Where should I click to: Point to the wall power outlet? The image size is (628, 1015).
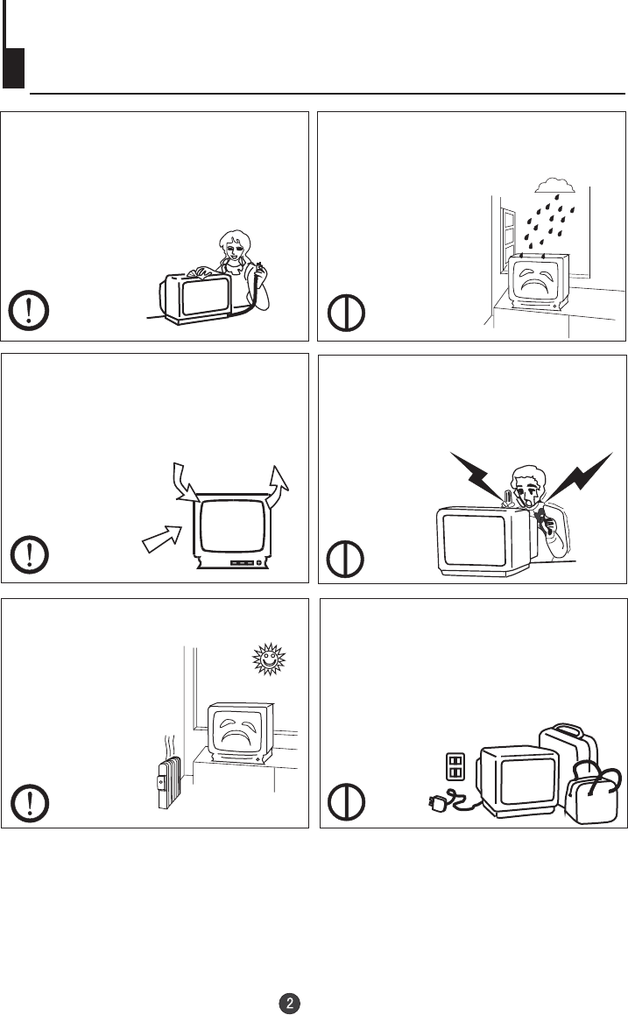pos(454,767)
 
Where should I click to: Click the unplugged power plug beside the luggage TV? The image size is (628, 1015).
pos(438,804)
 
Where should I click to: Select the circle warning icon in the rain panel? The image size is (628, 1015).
pos(349,313)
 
